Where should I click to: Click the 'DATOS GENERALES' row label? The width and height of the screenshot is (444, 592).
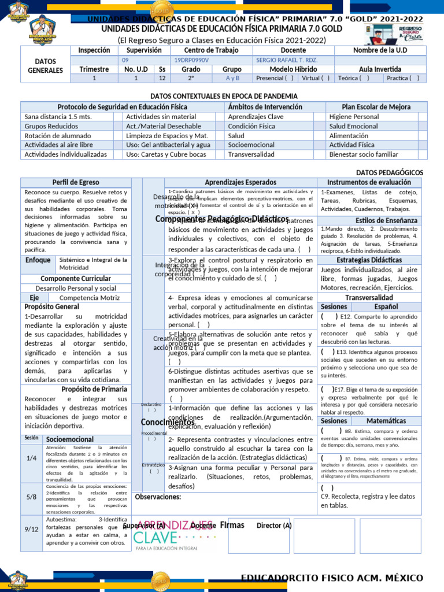tap(45, 65)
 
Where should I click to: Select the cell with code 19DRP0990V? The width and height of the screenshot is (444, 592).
tap(191, 60)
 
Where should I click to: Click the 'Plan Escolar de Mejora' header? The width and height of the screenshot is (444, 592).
tap(368, 107)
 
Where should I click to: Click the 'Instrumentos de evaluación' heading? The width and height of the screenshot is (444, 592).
tap(369, 182)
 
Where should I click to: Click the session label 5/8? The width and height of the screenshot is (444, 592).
tap(31, 497)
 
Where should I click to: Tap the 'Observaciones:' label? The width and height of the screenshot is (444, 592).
tap(158, 497)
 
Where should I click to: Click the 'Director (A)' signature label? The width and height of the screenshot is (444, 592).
tap(274, 526)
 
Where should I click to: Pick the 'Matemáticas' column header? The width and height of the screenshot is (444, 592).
tap(386, 420)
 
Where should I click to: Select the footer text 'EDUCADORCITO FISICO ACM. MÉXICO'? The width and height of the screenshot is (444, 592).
tap(332, 579)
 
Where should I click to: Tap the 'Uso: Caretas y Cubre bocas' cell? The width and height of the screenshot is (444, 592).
tap(166, 154)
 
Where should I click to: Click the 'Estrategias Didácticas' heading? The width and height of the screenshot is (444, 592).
tap(369, 260)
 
